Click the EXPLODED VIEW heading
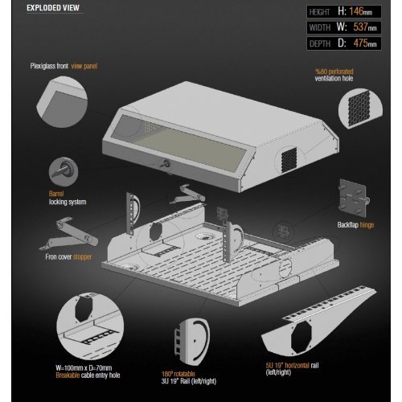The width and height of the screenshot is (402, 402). click(53, 8)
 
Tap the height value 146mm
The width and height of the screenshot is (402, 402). click(360, 11)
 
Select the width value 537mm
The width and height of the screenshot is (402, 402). click(365, 27)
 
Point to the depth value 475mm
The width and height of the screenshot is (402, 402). click(365, 43)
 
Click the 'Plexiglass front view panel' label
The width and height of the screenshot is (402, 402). click(64, 66)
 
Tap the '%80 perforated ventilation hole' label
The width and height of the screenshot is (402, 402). click(334, 75)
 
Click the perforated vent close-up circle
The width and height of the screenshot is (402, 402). click(360, 109)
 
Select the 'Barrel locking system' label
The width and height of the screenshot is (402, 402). click(68, 198)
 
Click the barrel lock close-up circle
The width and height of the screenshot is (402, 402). click(64, 172)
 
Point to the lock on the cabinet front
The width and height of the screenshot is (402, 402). click(165, 163)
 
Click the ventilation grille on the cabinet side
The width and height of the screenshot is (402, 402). click(289, 160)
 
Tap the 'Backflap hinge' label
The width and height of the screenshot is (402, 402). click(355, 225)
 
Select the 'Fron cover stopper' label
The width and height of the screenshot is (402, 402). click(68, 257)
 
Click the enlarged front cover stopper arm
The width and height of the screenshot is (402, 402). click(69, 234)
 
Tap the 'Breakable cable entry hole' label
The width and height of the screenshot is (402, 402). click(88, 371)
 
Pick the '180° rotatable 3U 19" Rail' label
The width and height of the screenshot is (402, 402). click(189, 378)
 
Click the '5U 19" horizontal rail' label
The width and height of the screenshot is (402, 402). click(292, 368)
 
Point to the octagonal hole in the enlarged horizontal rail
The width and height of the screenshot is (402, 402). click(301, 337)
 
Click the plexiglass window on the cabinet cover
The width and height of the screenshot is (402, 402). click(179, 143)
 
